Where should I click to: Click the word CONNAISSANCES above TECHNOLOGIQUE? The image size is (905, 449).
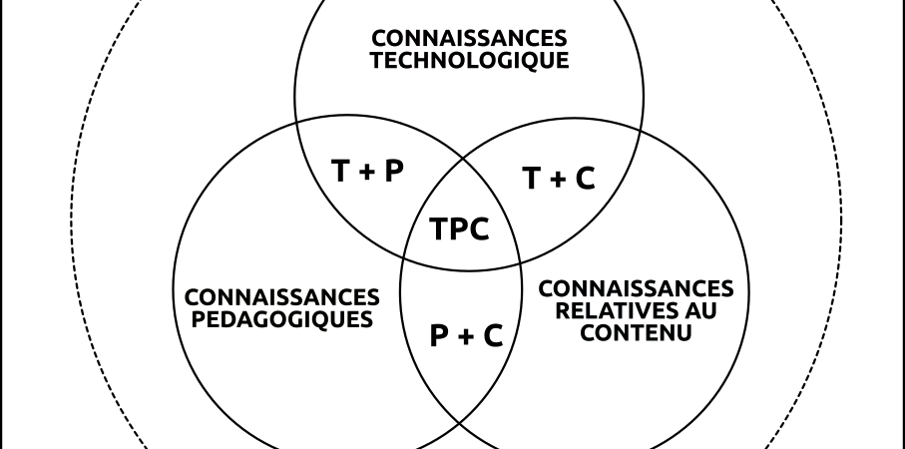[469, 39]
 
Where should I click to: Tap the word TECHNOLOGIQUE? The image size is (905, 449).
[469, 61]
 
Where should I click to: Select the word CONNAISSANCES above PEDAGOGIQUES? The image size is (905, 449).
[282, 297]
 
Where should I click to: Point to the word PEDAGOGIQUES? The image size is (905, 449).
[282, 319]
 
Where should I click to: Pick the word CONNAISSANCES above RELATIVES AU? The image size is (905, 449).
[636, 288]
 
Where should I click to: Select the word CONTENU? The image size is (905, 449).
[636, 332]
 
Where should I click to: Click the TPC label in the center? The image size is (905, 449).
[459, 229]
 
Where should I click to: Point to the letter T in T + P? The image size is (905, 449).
[340, 171]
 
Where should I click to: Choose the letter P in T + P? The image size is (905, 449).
[393, 171]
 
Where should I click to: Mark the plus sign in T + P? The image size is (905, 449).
[366, 172]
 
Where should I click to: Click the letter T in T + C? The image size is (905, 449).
[532, 179]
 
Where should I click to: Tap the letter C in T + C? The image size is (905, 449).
[585, 179]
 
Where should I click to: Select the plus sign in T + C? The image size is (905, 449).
[558, 180]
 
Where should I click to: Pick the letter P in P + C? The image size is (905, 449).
[440, 335]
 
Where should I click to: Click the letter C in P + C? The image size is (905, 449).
[492, 335]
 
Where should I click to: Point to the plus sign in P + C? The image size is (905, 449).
[466, 336]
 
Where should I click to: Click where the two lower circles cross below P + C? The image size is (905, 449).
[460, 425]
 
